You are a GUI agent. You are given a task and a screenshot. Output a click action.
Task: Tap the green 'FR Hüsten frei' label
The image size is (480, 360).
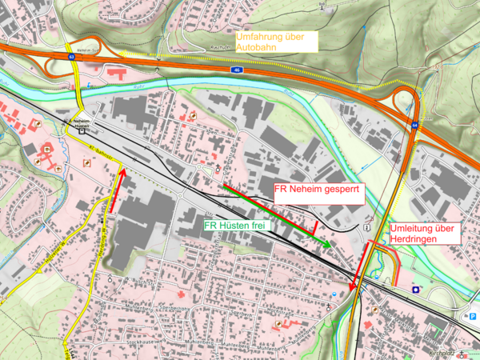(x=238, y=226)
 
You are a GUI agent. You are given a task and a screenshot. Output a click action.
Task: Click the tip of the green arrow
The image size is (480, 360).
(x=330, y=243)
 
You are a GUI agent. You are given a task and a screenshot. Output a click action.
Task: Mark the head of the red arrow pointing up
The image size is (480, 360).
(x=122, y=169)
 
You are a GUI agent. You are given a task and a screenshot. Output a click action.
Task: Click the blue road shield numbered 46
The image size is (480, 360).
(x=238, y=70)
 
